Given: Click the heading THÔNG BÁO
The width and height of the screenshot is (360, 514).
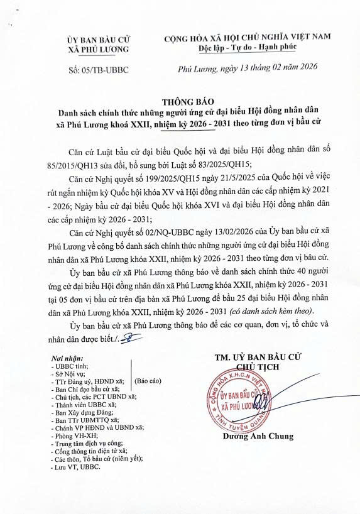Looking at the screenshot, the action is pyautogui.click(x=179, y=101).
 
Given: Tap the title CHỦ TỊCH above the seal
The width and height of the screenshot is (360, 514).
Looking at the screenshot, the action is pyautogui.click(x=254, y=368).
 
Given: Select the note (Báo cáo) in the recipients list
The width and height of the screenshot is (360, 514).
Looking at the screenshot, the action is pyautogui.click(x=148, y=381).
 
